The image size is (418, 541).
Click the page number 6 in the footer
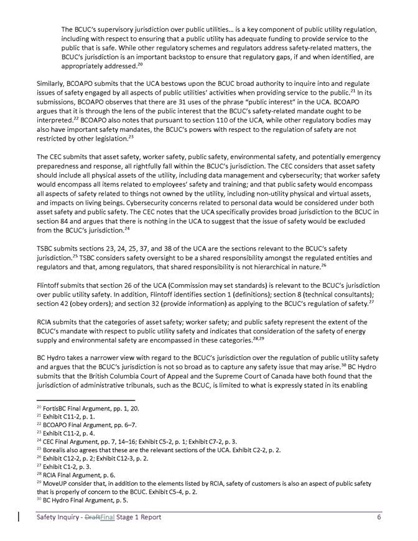(x=378, y=517)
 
